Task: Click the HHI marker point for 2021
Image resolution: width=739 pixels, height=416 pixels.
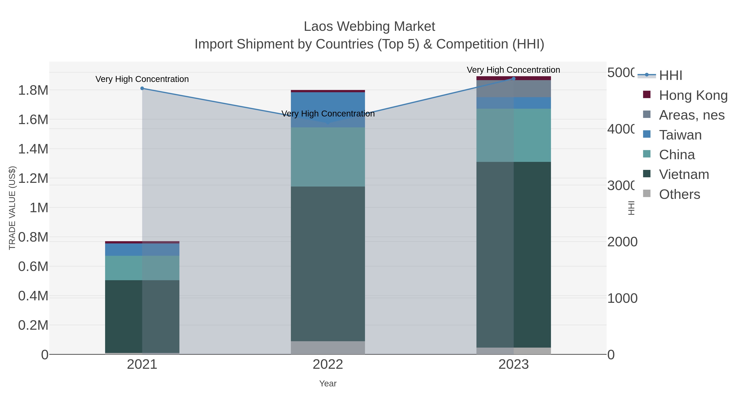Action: (142, 88)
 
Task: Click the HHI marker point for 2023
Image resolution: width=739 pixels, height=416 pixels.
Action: (514, 79)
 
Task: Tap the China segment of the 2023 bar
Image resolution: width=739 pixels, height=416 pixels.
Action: (514, 135)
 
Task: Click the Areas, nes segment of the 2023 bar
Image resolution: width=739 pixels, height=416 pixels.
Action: (514, 89)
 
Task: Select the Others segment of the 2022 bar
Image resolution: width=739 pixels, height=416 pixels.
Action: (328, 348)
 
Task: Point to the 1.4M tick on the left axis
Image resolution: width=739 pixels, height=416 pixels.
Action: (33, 149)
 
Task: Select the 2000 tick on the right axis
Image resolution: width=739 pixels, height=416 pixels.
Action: (622, 242)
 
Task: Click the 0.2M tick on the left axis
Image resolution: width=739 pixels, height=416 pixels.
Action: (33, 325)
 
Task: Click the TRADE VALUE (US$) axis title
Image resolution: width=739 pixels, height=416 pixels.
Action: (12, 208)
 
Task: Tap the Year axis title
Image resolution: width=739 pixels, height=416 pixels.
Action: (328, 384)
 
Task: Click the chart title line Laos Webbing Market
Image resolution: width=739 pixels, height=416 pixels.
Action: (369, 27)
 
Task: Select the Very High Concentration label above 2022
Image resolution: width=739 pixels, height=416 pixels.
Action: (328, 114)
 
